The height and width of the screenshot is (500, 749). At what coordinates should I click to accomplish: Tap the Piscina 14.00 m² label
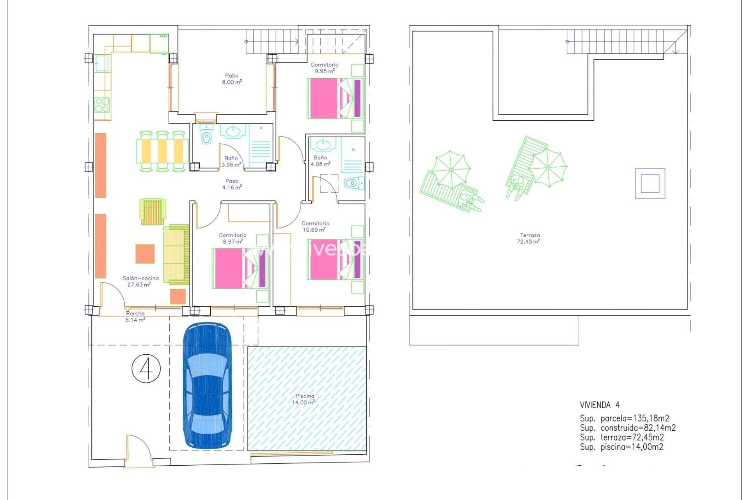304,399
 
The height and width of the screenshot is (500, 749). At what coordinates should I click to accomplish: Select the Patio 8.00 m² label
232,79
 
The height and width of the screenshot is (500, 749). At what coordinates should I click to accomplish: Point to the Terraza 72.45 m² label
529,238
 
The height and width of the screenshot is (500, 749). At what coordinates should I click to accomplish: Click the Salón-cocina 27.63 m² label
140,281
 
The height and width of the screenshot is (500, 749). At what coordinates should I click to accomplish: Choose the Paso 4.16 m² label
232,184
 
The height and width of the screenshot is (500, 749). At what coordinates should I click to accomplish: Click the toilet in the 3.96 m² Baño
206,136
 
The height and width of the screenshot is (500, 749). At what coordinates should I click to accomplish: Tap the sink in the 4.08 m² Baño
323,145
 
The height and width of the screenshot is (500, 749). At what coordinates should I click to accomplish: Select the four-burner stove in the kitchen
102,105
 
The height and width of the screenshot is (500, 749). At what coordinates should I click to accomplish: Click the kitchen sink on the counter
102,63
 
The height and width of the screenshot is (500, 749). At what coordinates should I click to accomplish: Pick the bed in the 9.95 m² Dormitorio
335,98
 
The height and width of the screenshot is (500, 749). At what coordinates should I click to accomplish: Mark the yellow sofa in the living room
176,255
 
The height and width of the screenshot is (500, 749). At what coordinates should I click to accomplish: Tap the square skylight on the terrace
650,183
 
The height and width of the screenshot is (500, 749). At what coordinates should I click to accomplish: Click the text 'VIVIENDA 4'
599,405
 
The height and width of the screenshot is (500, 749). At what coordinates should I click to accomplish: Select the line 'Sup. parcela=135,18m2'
624,418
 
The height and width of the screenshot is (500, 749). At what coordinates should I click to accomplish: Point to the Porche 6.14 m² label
135,316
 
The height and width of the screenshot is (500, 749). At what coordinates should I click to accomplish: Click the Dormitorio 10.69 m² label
315,227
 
